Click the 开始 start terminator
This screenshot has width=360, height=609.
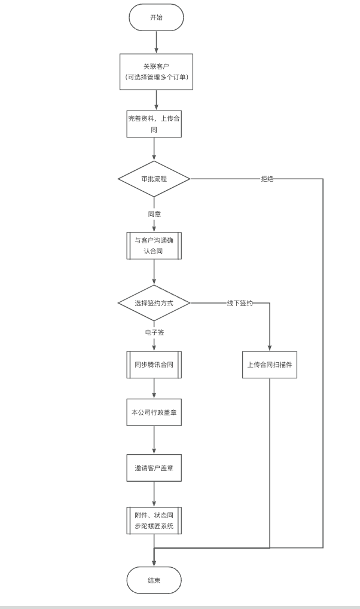pos(156,17)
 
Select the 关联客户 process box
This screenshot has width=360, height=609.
pos(156,72)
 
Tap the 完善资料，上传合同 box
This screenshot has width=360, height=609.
pos(154,124)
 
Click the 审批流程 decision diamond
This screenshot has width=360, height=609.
pos(154,179)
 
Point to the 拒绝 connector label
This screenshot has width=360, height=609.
pos(267,179)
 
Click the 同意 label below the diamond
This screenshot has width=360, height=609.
pos(154,214)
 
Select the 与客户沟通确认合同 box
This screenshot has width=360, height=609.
pos(154,246)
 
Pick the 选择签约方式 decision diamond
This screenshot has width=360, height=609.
pos(154,303)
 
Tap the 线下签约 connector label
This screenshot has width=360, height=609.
pos(240,303)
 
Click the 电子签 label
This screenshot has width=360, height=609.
pos(154,332)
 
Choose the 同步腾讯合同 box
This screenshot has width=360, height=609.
pos(154,365)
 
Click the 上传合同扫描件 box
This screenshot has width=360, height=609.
pos(270,365)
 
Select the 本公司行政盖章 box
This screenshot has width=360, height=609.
pos(154,412)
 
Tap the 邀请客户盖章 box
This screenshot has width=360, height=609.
pos(154,468)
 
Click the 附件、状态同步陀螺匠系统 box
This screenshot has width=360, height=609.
pos(154,521)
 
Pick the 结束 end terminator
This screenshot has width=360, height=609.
pos(154,580)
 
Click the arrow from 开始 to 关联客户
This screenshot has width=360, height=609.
pos(156,42)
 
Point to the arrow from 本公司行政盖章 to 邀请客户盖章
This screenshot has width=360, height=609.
pos(154,440)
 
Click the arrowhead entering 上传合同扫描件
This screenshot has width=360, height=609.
pos(270,349)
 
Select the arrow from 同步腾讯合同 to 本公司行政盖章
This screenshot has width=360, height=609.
pos(154,388)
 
